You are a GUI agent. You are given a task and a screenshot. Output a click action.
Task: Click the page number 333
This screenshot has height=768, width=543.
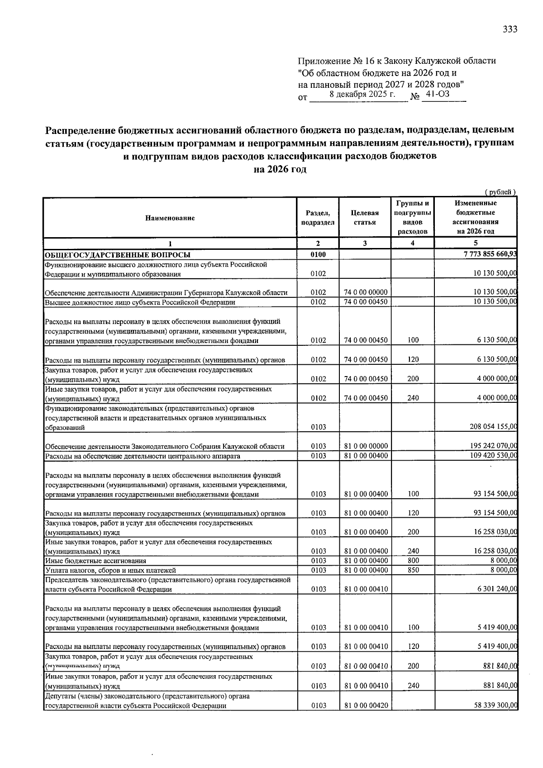[x=510, y=29]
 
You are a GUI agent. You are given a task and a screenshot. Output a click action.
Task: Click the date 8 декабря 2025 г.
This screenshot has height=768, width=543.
[x=362, y=94]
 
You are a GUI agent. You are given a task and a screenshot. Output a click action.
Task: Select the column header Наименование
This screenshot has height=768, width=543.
[x=170, y=218]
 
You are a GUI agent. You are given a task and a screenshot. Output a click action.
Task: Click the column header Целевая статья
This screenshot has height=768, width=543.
[x=364, y=217]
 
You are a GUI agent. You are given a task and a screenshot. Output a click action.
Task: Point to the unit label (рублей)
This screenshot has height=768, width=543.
[x=500, y=192]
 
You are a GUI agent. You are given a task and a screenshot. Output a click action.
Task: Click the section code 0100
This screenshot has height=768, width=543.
[x=318, y=255]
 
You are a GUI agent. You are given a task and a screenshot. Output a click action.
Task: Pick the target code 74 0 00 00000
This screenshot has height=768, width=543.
[x=366, y=292]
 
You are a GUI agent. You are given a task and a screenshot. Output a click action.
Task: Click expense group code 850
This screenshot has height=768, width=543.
[x=413, y=570]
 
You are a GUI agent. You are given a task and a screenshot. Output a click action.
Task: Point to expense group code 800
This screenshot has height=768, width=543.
[x=413, y=561]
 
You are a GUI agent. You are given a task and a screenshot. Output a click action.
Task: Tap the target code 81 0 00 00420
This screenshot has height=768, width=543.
[x=366, y=706]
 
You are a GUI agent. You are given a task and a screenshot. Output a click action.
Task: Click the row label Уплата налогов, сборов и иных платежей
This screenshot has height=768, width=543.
[x=110, y=570]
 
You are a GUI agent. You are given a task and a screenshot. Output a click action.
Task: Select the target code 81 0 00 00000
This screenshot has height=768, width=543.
[x=366, y=446]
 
